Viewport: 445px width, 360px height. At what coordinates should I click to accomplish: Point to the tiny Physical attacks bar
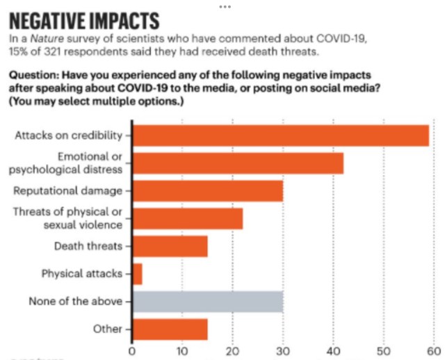[x=137, y=274]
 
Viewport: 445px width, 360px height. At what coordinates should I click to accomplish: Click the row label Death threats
[x=88, y=246]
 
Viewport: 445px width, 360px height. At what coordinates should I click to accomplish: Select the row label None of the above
[x=75, y=301]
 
